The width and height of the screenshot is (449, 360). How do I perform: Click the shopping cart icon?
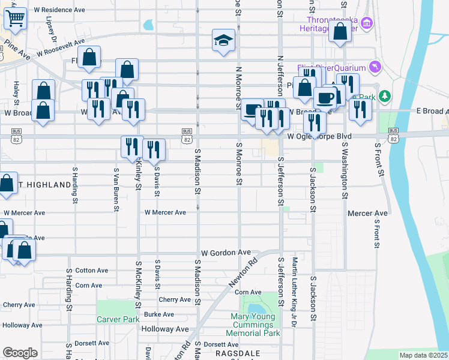15,19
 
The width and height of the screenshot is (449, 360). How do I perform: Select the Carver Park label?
118,320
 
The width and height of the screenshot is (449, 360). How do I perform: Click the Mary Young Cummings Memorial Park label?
253,325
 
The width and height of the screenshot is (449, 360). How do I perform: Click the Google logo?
20,352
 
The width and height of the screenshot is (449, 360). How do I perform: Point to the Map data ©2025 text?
423,355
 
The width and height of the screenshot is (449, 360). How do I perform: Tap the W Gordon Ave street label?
225,253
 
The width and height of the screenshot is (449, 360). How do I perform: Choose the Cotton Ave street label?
91,271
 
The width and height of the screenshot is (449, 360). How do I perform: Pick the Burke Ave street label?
159,314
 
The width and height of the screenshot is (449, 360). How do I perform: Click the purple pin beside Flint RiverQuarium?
376,65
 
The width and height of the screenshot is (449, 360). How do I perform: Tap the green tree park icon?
385,96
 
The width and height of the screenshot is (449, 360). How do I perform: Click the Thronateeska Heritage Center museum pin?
368,23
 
